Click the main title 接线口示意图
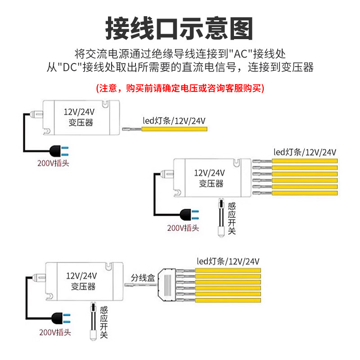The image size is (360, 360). click(x=180, y=28)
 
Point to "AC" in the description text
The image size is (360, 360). click(x=241, y=54)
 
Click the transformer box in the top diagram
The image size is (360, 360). click(x=81, y=117)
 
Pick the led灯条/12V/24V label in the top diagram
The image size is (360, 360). click(x=174, y=120)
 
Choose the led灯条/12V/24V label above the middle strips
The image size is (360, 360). click(x=305, y=152)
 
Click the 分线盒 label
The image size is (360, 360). click(x=143, y=278)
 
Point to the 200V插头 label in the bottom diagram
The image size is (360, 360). click(x=55, y=333)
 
